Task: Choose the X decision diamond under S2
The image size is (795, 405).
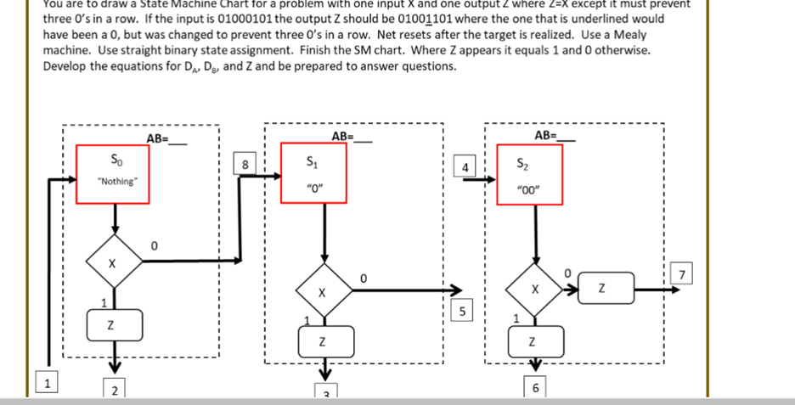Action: [534, 290]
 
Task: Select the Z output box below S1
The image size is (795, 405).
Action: [323, 341]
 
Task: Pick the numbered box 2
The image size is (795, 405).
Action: [115, 390]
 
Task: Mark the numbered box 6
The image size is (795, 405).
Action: [534, 388]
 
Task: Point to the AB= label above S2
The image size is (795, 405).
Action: [554, 135]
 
